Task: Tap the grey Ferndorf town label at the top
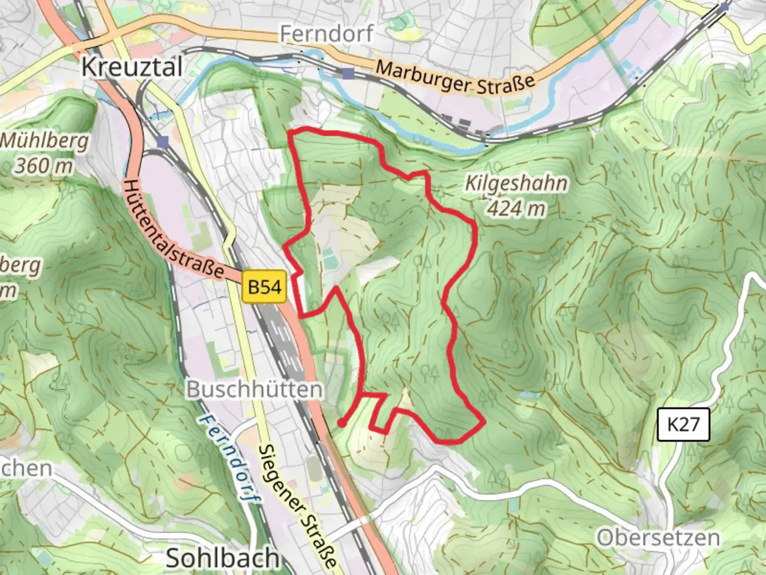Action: [x=327, y=34]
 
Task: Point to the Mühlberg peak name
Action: [x=45, y=142]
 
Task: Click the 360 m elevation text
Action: [x=44, y=166]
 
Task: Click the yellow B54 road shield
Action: [x=265, y=287]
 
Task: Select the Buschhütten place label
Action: [x=254, y=390]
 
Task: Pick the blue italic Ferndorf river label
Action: [x=231, y=459]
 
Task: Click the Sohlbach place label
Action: [x=222, y=558]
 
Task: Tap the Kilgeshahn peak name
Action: [x=516, y=184]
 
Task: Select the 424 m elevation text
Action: [x=516, y=208]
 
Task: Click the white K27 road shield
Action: [x=684, y=425]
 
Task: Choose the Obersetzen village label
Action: [x=658, y=538]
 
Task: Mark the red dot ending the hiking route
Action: [x=340, y=423]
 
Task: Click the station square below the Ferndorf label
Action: [x=348, y=73]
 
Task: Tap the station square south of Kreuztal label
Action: [x=163, y=141]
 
